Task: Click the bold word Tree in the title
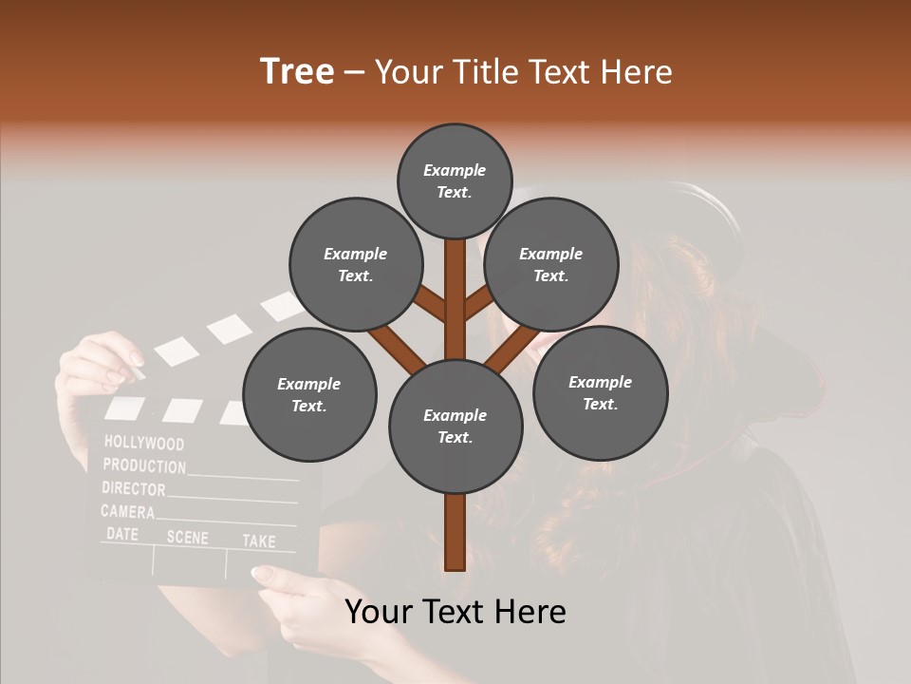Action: click(297, 71)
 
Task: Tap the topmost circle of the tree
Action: click(455, 180)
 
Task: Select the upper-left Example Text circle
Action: click(355, 264)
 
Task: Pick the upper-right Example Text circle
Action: click(550, 264)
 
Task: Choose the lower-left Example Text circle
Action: click(308, 394)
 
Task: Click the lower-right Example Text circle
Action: click(600, 392)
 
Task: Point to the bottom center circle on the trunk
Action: click(455, 427)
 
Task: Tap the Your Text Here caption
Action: click(455, 612)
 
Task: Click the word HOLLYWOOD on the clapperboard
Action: click(144, 443)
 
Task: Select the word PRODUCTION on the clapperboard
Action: click(144, 466)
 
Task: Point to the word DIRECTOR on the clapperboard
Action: click(134, 489)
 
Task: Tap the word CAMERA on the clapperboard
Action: click(128, 512)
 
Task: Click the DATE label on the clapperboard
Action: click(122, 534)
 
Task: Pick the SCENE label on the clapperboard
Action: click(187, 537)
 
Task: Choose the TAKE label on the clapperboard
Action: click(258, 541)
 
